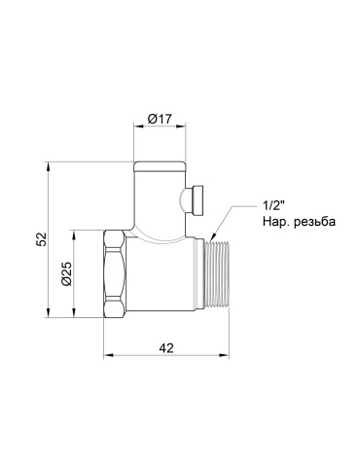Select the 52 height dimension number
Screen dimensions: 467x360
click(38, 239)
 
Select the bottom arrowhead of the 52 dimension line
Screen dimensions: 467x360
click(49, 311)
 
